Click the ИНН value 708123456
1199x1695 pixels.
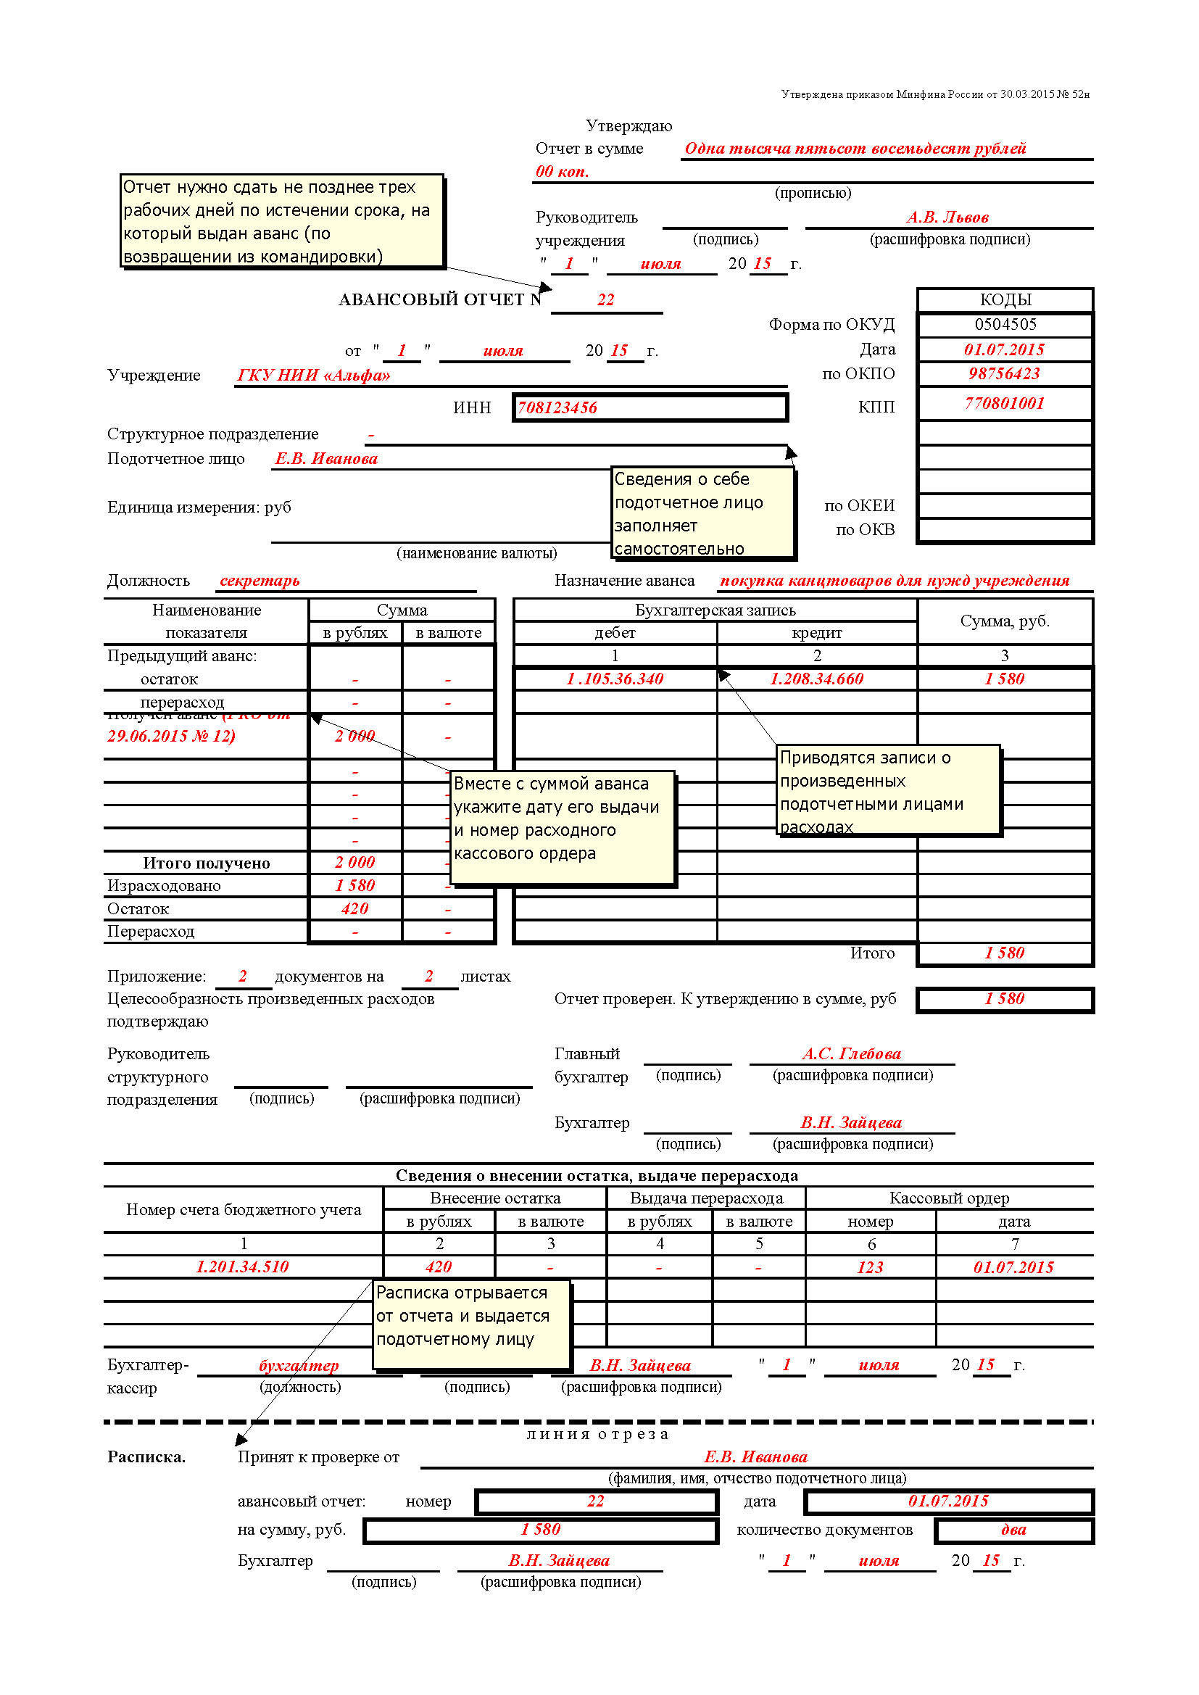coord(557,407)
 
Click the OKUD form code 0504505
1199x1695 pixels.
coord(1005,324)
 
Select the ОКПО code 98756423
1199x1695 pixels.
coord(1004,373)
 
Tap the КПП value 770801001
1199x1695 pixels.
coord(1004,403)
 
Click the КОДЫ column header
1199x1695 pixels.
coord(1005,299)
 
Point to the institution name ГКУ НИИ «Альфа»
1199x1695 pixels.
coord(313,375)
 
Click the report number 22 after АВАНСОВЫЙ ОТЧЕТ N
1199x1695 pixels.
coord(605,299)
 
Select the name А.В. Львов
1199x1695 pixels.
coord(947,217)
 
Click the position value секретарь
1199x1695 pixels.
coord(260,580)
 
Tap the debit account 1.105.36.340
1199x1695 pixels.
coord(614,679)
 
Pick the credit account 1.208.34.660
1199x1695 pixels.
coord(816,679)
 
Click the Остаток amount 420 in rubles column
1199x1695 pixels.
coord(354,909)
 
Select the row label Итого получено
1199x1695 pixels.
coord(206,863)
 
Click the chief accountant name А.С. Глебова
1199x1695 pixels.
coord(851,1053)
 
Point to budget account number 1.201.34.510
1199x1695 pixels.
coord(242,1267)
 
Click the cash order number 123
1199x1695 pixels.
coord(870,1267)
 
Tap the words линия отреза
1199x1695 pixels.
coord(597,1435)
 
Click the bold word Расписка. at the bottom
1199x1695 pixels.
coord(146,1457)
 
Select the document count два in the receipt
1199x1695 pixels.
coord(1013,1530)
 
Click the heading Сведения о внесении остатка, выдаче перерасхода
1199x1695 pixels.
coord(597,1175)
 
